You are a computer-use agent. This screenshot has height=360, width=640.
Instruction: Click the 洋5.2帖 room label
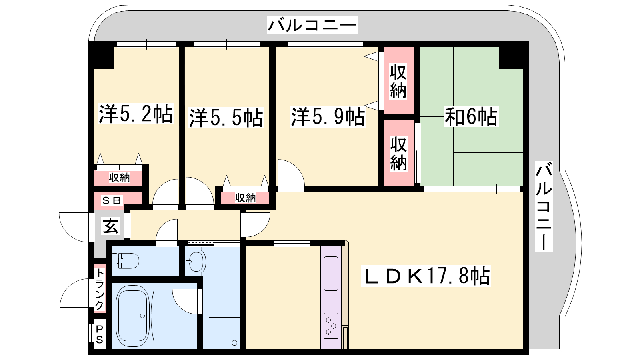pyautogui.click(x=136, y=114)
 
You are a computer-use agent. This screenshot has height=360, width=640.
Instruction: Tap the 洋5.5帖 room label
pyautogui.click(x=226, y=117)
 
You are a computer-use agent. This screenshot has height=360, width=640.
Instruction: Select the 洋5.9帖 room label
pyautogui.click(x=328, y=116)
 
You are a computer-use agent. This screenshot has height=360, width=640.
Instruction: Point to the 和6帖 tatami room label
pyautogui.click(x=471, y=116)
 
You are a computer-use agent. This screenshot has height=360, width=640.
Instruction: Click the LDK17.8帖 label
pyautogui.click(x=426, y=276)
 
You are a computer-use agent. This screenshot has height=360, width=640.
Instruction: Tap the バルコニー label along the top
pyautogui.click(x=312, y=25)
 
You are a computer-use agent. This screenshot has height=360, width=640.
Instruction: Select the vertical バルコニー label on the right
pyautogui.click(x=544, y=206)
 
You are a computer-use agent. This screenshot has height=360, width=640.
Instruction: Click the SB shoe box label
pyautogui.click(x=112, y=200)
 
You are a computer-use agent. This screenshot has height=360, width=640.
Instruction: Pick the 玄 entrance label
pyautogui.click(x=110, y=226)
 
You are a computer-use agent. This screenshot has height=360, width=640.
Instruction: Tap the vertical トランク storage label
pyautogui.click(x=100, y=289)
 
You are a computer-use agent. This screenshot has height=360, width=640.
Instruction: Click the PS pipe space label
pyautogui.click(x=100, y=334)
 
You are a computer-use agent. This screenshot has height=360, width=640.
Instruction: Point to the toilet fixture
pyautogui.click(x=126, y=261)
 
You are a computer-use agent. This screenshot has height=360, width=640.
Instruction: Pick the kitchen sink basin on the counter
pyautogui.click(x=331, y=274)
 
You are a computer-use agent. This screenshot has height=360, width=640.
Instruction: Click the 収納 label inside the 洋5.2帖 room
pyautogui.click(x=120, y=178)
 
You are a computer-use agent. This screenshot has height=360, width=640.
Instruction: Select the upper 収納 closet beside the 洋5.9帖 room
pyautogui.click(x=398, y=80)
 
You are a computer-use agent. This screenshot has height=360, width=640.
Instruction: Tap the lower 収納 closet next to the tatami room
pyautogui.click(x=398, y=153)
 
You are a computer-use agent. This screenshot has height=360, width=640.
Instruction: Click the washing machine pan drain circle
pyautogui.click(x=234, y=342)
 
